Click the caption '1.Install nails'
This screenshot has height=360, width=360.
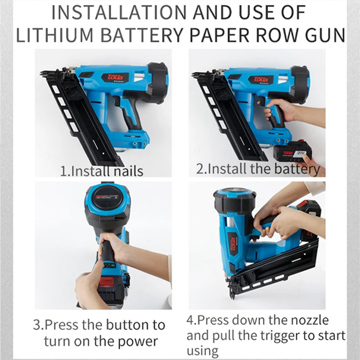tap(102, 171)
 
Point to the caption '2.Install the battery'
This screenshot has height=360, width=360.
tap(258, 169)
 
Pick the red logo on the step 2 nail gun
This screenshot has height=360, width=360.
tap(261, 80)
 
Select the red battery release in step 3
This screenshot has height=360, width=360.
tap(107, 282)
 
